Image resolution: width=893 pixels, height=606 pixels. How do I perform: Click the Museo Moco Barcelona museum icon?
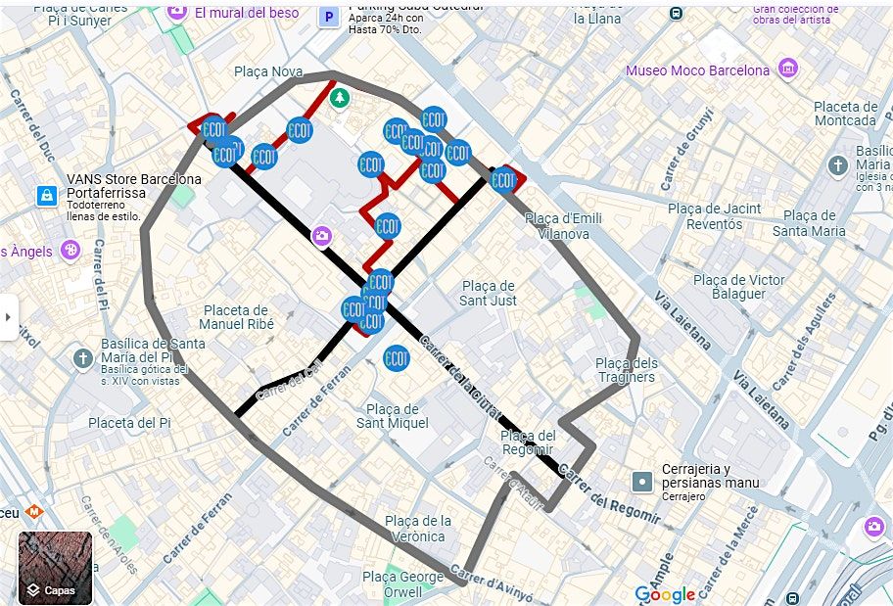pos(787,70)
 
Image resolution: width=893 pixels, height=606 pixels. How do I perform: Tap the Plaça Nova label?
pos(268,71)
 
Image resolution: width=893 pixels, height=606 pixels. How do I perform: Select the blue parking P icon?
pos(330,16)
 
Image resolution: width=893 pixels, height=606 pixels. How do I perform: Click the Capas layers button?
pos(55,568)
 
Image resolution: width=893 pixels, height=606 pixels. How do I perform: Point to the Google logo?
pos(665,594)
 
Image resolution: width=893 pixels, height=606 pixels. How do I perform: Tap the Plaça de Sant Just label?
pos(488,293)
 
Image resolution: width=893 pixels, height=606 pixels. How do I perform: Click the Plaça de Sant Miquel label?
pos(392,416)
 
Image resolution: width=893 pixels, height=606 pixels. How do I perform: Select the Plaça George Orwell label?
pos(402,583)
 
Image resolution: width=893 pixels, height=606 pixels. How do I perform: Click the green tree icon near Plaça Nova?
pos(339,97)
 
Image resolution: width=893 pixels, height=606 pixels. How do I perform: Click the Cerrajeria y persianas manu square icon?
pos(641,481)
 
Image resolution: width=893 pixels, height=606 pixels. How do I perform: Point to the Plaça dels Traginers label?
pos(626,370)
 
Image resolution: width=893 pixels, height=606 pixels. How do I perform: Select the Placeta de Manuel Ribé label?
pos(236,316)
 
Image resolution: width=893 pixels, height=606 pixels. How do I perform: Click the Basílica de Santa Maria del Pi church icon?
pos(82,358)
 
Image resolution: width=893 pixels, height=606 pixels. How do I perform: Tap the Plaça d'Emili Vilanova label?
pos(563,226)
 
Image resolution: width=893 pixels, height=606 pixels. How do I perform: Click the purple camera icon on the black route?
pos(321,236)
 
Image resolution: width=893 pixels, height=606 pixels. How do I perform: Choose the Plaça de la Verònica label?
pos(418,529)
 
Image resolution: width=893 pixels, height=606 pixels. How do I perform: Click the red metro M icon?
pos(33,510)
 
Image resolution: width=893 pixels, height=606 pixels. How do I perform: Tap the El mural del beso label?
pos(247,13)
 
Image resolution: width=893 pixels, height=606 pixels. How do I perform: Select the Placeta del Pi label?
pos(129,423)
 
